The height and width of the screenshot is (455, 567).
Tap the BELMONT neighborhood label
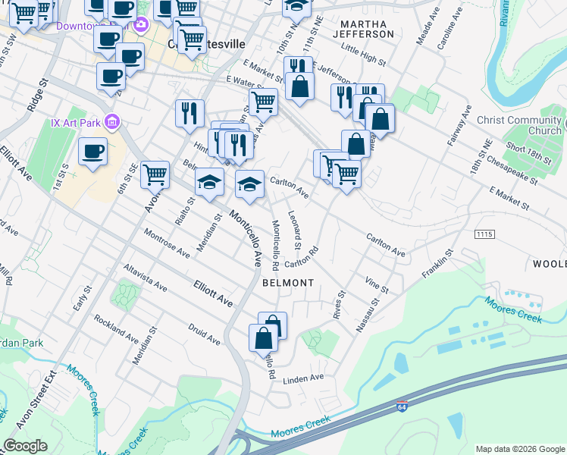(x=288, y=283)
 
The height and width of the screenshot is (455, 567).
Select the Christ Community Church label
(x=519, y=125)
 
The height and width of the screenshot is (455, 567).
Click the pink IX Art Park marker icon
(x=112, y=121)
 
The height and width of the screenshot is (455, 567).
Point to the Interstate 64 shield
(x=402, y=406)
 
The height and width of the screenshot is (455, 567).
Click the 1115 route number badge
(x=485, y=235)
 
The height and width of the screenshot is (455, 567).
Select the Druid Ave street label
(x=205, y=335)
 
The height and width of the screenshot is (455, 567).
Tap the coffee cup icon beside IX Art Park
(x=92, y=152)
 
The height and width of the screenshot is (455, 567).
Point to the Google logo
(x=25, y=446)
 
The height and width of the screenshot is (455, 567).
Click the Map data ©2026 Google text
(x=520, y=449)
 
